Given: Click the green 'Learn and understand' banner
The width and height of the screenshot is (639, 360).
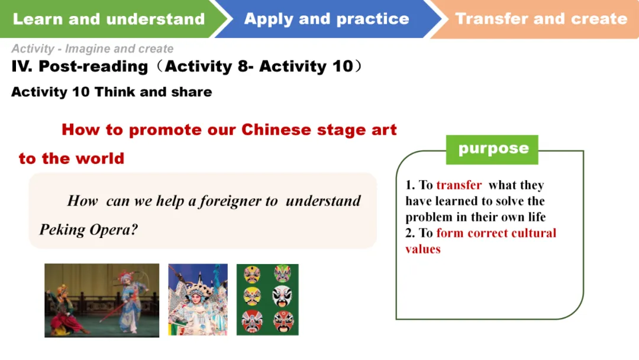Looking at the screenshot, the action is [x=110, y=19].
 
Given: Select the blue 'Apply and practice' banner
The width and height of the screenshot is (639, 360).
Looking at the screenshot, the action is [x=326, y=19].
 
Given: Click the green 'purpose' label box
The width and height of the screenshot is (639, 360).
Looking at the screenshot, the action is [x=492, y=150].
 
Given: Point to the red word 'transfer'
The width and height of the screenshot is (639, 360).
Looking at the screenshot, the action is [x=459, y=185].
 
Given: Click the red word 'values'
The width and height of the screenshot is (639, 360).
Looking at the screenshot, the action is [x=423, y=249].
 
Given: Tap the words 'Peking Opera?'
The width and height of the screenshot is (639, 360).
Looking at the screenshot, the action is [x=88, y=230].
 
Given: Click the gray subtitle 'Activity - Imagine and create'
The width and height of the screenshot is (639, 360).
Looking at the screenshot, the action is [x=92, y=49].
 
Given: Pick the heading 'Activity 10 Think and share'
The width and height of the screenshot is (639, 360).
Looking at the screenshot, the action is [x=112, y=92].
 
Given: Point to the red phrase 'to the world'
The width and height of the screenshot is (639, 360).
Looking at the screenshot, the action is [x=72, y=159].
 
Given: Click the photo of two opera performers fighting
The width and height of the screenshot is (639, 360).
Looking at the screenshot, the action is [x=102, y=300].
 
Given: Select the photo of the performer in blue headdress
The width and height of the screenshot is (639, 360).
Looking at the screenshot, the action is [x=198, y=300].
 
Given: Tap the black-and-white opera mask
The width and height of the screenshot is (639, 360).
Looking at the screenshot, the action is [x=282, y=296].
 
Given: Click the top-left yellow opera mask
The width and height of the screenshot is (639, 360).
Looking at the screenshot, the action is [x=252, y=274].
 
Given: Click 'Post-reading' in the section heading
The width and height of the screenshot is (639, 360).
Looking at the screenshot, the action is [x=93, y=66].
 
